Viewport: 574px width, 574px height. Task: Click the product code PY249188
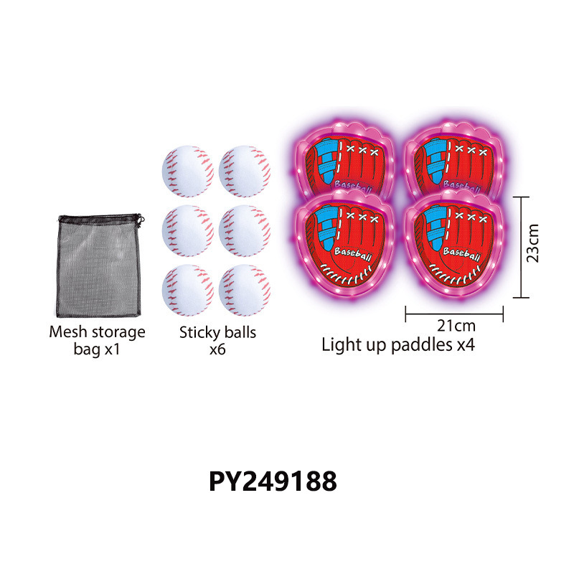[x=273, y=482]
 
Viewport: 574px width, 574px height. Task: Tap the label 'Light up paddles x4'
[x=398, y=345]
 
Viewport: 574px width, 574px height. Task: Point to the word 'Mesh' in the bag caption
[x=65, y=332]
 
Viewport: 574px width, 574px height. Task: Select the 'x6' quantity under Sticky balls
[x=217, y=351]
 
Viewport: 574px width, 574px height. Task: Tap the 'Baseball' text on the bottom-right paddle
[x=461, y=253]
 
